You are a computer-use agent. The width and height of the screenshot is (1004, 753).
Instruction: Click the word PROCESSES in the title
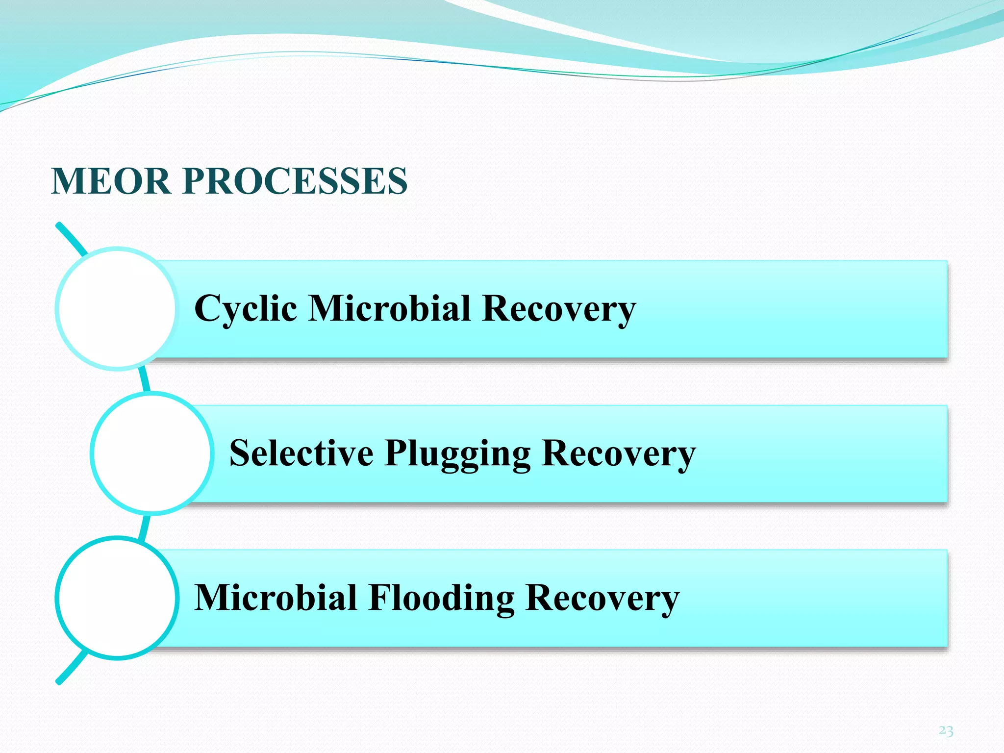(295, 181)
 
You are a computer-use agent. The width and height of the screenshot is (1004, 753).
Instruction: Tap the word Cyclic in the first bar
(246, 309)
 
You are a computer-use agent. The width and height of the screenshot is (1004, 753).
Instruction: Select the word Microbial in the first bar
(390, 309)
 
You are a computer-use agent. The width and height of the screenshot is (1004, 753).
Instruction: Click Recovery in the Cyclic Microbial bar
(559, 309)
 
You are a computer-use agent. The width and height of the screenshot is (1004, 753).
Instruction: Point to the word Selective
(301, 453)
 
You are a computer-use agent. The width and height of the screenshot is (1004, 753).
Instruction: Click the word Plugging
(457, 453)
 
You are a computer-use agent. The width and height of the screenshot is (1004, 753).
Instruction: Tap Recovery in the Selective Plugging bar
(619, 453)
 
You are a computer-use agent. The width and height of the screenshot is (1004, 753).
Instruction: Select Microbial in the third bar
(276, 598)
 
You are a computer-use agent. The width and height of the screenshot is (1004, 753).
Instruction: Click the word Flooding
(441, 598)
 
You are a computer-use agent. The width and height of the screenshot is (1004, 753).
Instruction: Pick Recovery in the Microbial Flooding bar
(602, 598)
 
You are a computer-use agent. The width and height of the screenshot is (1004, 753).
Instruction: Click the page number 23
(946, 731)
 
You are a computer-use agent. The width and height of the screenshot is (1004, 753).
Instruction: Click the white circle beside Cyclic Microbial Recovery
(117, 309)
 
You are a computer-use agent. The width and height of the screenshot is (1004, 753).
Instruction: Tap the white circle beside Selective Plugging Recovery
(152, 453)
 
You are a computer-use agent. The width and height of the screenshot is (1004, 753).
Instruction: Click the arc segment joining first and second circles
(144, 379)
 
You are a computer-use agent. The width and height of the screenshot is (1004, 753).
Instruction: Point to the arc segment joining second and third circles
(144, 527)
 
